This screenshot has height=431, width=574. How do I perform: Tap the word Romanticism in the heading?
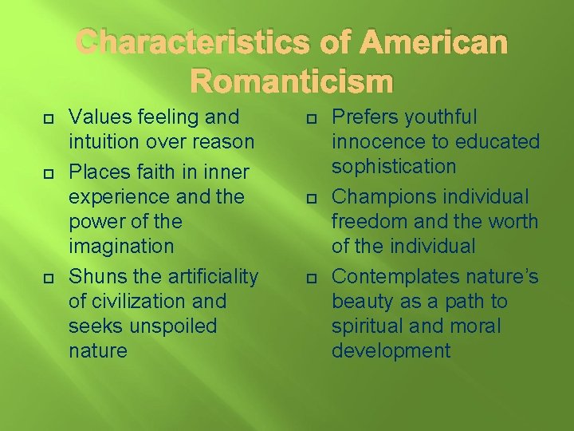(293, 81)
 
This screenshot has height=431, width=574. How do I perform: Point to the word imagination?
(120, 247)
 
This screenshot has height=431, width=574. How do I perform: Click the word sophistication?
(394, 167)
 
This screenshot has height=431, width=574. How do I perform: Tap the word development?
(391, 351)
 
